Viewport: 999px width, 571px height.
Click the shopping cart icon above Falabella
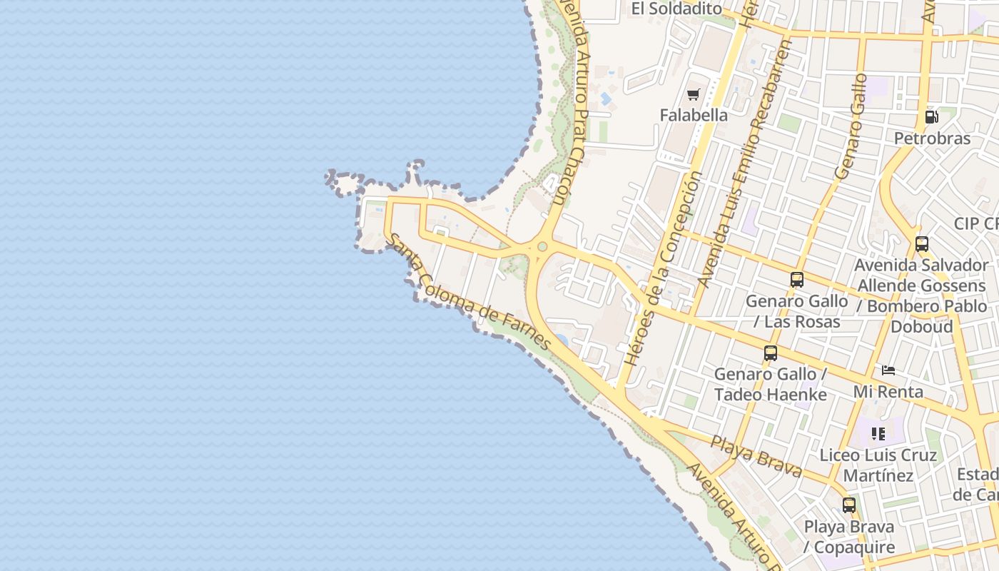(693, 94)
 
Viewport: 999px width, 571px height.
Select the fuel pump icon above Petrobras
(931, 117)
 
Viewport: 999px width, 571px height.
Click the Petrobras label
(932, 138)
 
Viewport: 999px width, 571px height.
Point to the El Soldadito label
(676, 9)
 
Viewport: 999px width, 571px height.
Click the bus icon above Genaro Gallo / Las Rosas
(797, 280)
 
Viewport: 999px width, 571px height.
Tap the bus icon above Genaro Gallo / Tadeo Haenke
(771, 353)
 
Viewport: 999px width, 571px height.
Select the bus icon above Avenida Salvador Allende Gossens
(922, 244)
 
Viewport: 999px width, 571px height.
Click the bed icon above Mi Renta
(888, 370)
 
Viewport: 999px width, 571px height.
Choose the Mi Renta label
(888, 391)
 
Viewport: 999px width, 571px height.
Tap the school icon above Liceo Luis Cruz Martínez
(878, 433)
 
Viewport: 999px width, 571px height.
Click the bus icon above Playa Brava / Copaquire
(848, 505)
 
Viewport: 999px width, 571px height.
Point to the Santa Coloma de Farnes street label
(469, 293)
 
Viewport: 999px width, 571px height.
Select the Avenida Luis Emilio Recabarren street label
(746, 164)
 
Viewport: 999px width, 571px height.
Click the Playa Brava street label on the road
(756, 457)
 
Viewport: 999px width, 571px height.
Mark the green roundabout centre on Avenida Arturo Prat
(542, 247)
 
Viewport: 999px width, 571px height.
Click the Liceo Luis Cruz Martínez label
(878, 465)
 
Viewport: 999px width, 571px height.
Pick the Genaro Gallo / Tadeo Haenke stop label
(771, 384)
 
